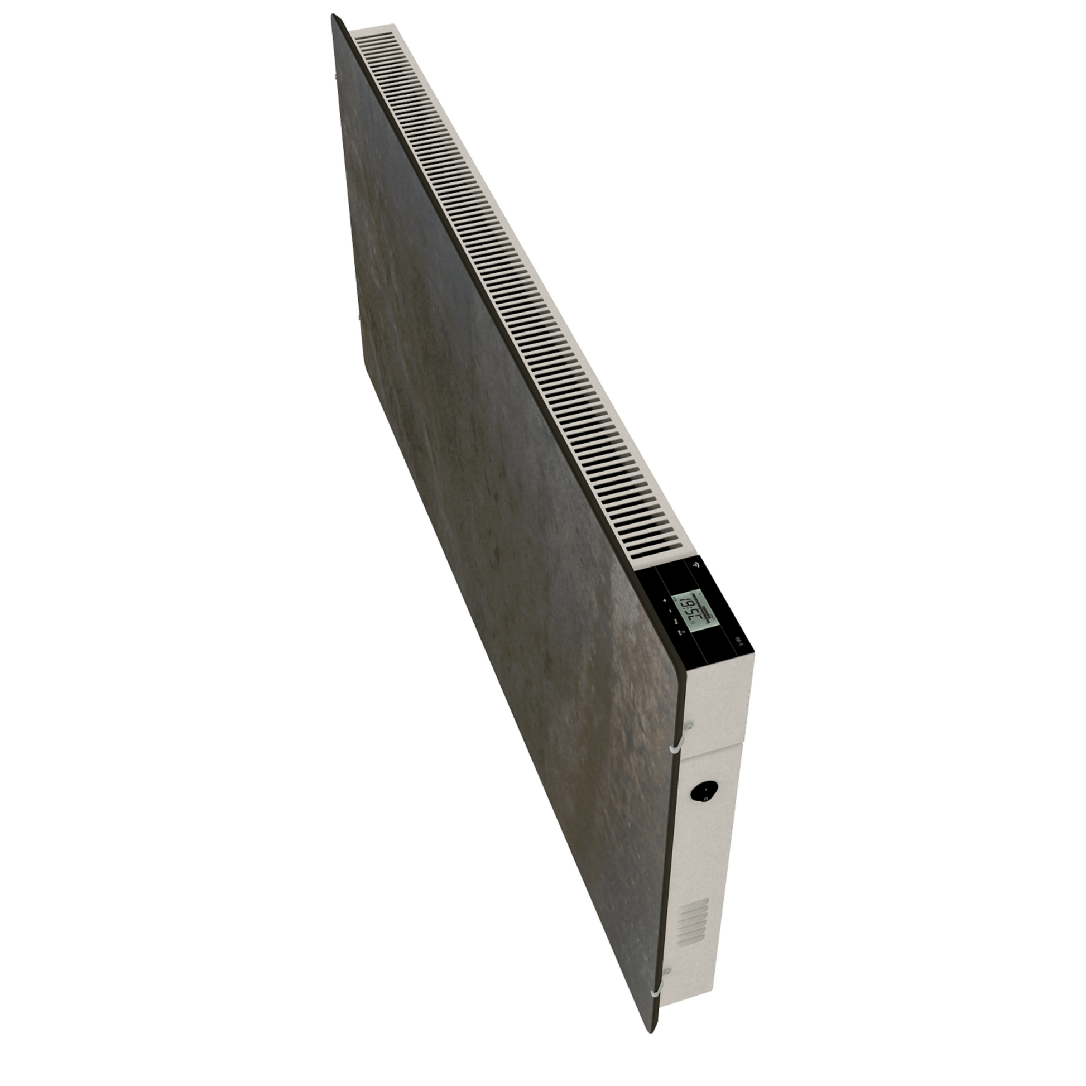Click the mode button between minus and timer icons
tap(676, 623)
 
